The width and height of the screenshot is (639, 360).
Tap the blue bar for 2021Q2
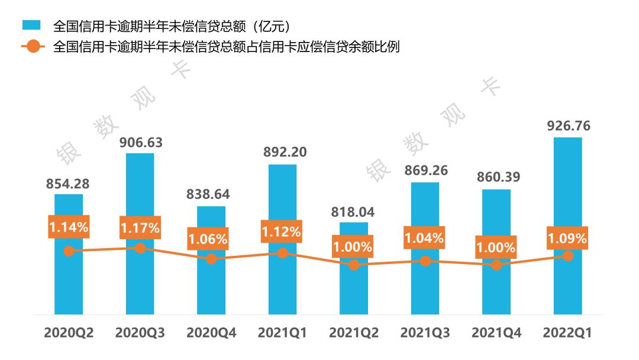(x=354, y=290)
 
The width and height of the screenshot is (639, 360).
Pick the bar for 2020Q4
(x=211, y=287)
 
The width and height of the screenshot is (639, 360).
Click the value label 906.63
(x=140, y=143)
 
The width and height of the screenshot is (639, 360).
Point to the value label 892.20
(x=283, y=153)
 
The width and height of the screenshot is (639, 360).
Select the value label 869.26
(x=425, y=171)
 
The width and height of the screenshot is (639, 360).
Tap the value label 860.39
(x=496, y=178)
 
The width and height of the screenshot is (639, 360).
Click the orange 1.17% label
(x=140, y=228)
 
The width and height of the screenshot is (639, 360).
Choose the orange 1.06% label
(x=208, y=239)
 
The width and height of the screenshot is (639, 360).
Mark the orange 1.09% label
(x=567, y=238)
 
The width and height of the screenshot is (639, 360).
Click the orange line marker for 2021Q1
(x=283, y=253)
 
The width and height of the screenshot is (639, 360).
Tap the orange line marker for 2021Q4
(x=496, y=265)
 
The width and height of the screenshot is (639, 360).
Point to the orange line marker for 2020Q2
(x=69, y=251)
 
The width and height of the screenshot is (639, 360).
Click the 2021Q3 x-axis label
(x=425, y=333)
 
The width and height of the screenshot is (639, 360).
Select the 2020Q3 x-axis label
(x=140, y=333)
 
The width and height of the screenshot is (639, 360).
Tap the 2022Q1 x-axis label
(x=567, y=333)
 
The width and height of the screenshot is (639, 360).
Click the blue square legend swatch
(x=31, y=25)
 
